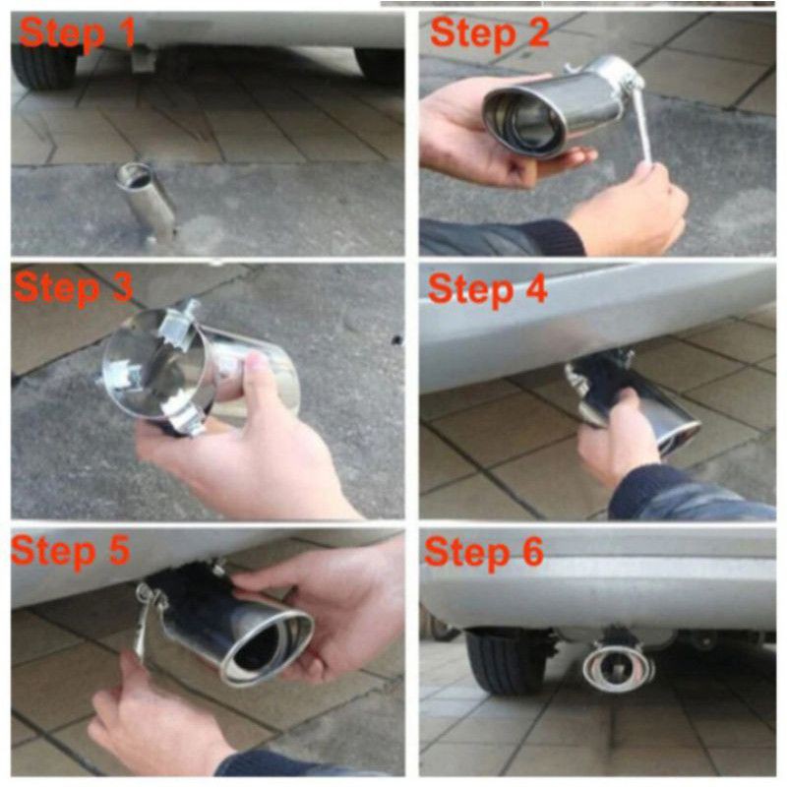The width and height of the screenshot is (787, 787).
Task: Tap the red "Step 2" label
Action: click(x=489, y=32)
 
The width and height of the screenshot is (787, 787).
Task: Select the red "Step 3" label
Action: click(x=73, y=288)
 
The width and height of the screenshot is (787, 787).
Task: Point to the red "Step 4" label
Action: click(x=487, y=289)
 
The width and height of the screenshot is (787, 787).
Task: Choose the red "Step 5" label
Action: click(x=71, y=551)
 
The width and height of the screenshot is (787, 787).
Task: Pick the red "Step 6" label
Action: click(x=484, y=552)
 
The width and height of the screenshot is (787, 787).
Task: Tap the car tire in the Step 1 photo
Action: click(x=43, y=66)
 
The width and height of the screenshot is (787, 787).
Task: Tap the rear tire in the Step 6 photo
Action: click(x=507, y=661)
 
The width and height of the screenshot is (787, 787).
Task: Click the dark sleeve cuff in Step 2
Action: click(x=551, y=237)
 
